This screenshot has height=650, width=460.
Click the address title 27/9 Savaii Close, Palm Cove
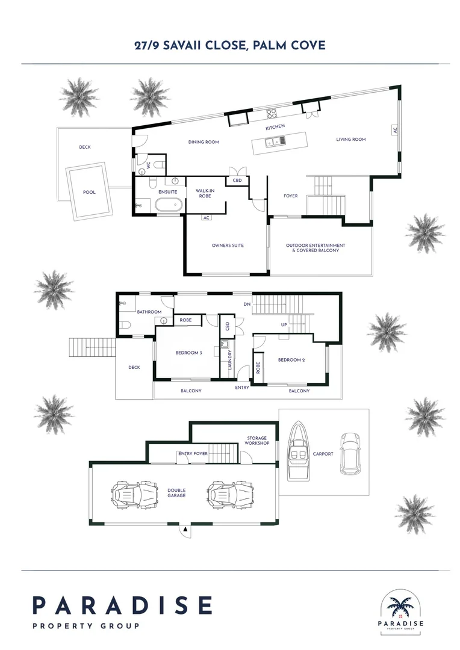[x=230, y=45]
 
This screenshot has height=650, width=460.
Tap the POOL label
[x=89, y=193]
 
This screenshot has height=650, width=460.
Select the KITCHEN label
[x=275, y=127]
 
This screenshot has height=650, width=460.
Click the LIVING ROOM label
[x=350, y=140]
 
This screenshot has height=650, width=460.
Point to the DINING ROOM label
[x=204, y=142]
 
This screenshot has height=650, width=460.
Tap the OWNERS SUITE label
[x=228, y=246]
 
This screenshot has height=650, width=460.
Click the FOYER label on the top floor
[x=291, y=196]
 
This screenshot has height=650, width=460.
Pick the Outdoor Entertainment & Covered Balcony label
[x=315, y=247]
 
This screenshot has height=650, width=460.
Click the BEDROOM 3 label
[x=188, y=353]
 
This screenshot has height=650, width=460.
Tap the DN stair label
[x=247, y=305]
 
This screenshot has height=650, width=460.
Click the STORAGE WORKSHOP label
[x=256, y=441]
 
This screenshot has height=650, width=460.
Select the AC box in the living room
[x=395, y=130]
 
